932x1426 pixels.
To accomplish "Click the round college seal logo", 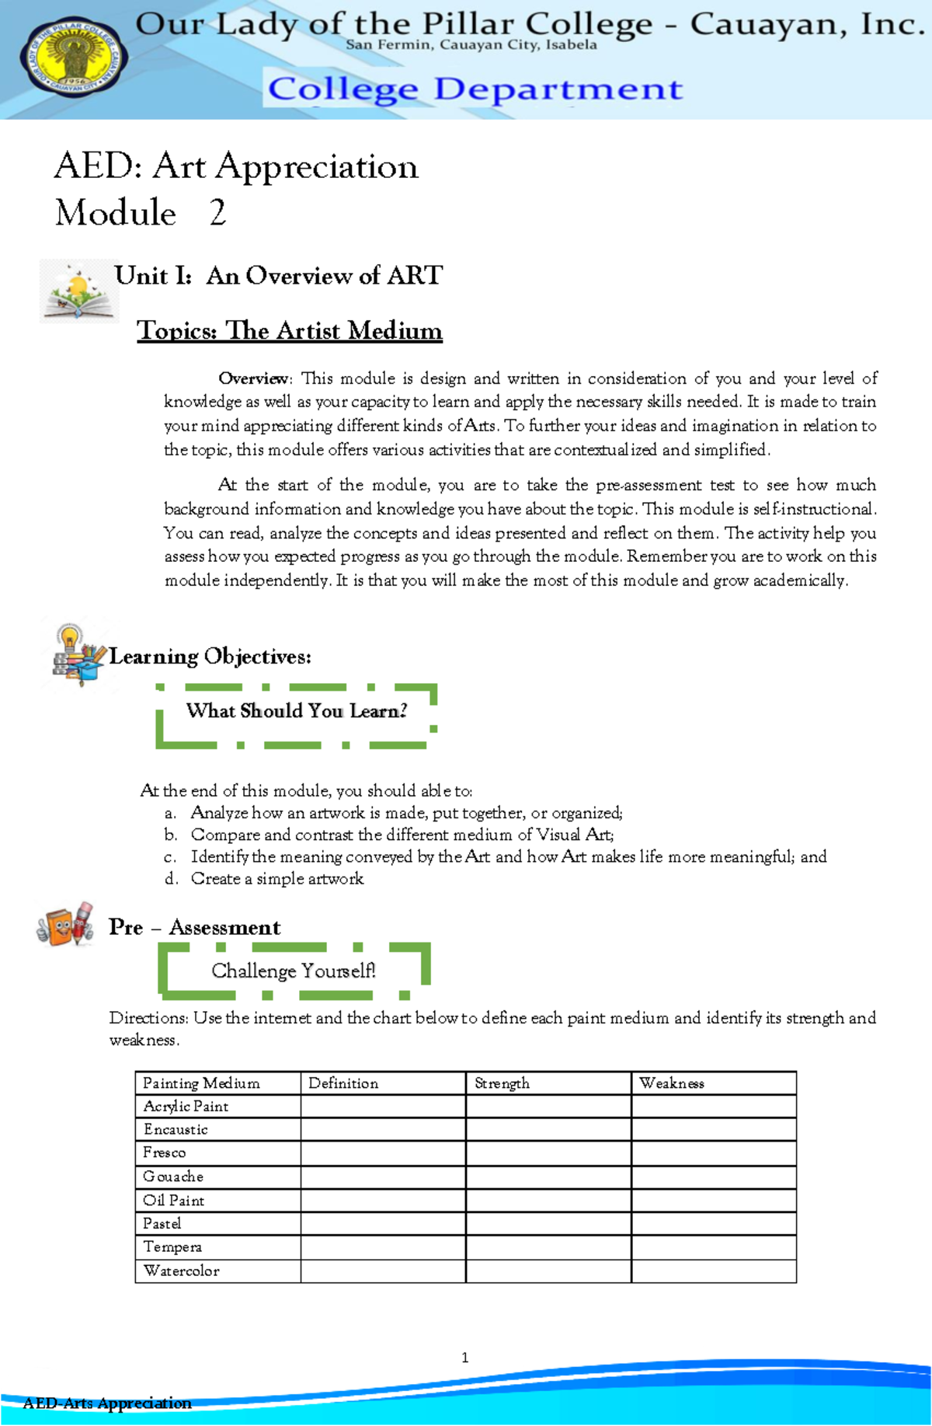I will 75,59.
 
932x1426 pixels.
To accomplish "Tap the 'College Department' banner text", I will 475,89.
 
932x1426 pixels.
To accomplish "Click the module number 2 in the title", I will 217,213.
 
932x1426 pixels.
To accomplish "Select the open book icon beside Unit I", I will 78,291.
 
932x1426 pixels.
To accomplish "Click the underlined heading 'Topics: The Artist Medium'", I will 290,331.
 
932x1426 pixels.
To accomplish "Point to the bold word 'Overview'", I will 253,378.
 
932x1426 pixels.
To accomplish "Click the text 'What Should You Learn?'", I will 296,711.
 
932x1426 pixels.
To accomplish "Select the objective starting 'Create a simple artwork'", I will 277,879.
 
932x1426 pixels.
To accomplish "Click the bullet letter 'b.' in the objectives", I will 171,835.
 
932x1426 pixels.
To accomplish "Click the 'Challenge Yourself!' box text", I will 294,971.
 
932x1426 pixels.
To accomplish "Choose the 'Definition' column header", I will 343,1083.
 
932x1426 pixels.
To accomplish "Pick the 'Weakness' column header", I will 672,1083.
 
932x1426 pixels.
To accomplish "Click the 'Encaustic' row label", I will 176,1129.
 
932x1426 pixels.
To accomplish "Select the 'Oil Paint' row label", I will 174,1201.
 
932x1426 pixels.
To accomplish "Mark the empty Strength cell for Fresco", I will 548,1153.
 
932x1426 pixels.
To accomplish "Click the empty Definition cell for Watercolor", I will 383,1271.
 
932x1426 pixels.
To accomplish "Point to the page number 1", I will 464,1358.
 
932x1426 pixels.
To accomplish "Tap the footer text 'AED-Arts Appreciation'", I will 107,1403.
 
